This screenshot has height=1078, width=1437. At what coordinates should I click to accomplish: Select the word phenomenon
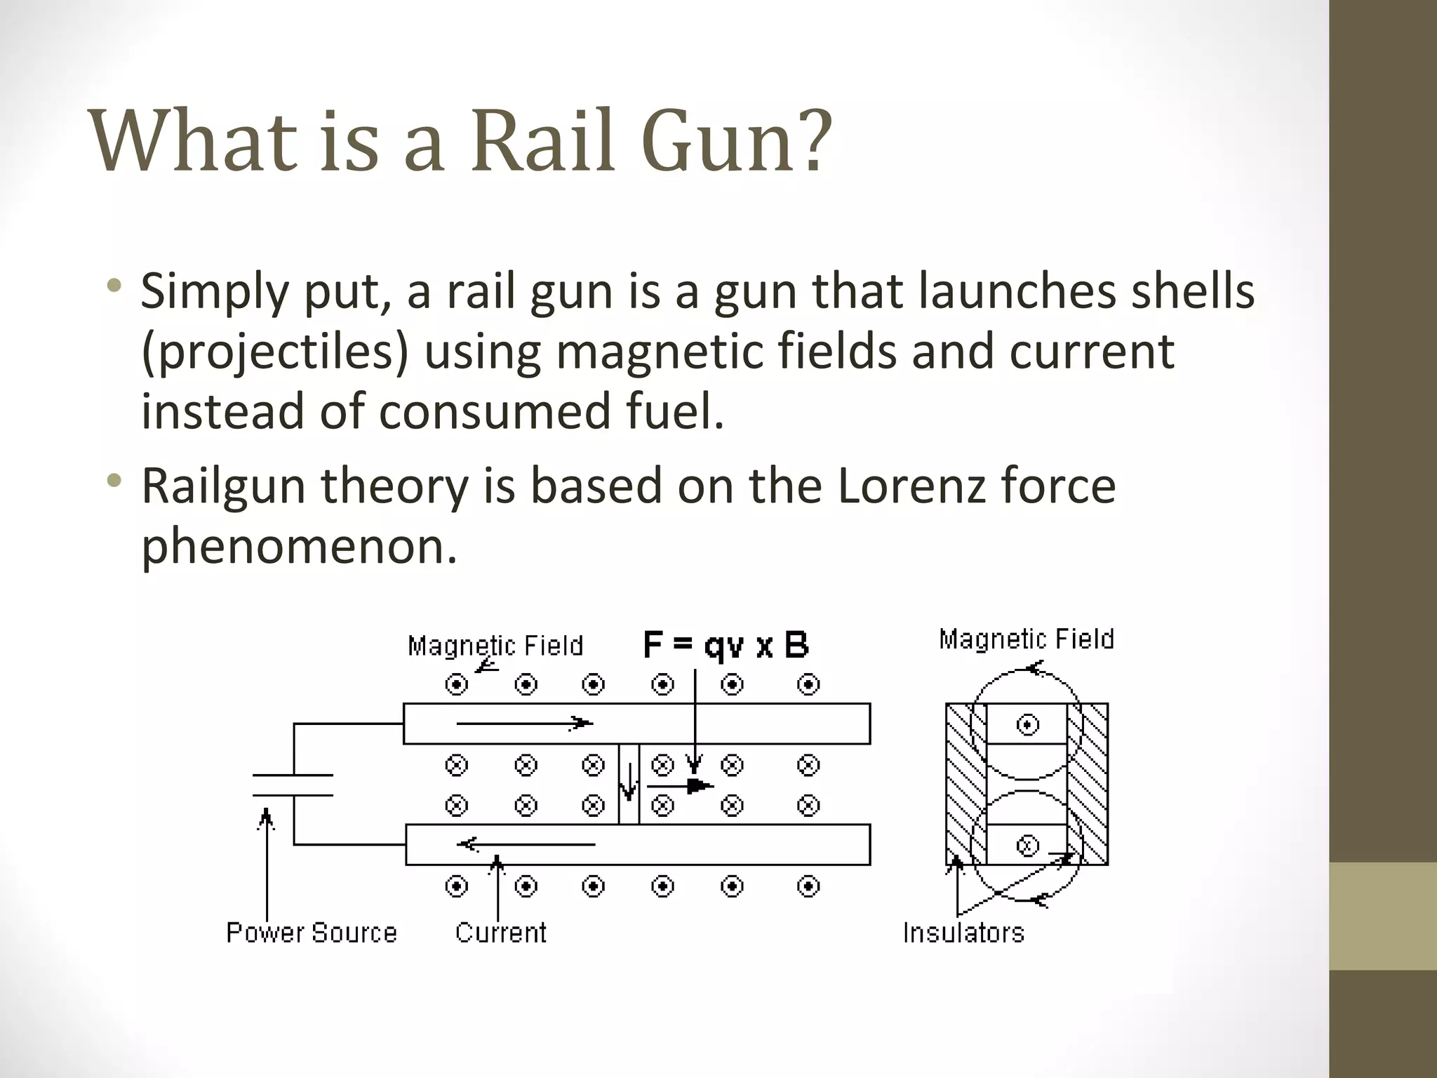[299, 546]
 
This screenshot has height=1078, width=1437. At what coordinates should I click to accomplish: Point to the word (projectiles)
[274, 352]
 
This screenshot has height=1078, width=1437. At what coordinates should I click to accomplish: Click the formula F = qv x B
[726, 646]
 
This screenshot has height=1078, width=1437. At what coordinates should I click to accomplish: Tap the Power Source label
[311, 933]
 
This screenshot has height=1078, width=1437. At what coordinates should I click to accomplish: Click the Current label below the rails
[500, 933]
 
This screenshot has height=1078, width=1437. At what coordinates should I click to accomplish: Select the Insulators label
[963, 933]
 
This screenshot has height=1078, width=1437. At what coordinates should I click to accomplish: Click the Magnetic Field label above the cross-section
[1027, 639]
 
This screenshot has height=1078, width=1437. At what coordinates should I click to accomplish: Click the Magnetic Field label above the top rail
[495, 646]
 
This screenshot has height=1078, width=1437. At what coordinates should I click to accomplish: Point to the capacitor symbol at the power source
[293, 785]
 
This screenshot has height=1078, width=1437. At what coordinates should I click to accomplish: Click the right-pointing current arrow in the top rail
[525, 723]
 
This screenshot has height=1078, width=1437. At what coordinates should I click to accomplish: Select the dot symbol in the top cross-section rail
[1027, 724]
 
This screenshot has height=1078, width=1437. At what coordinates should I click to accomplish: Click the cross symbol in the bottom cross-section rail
[1027, 846]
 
